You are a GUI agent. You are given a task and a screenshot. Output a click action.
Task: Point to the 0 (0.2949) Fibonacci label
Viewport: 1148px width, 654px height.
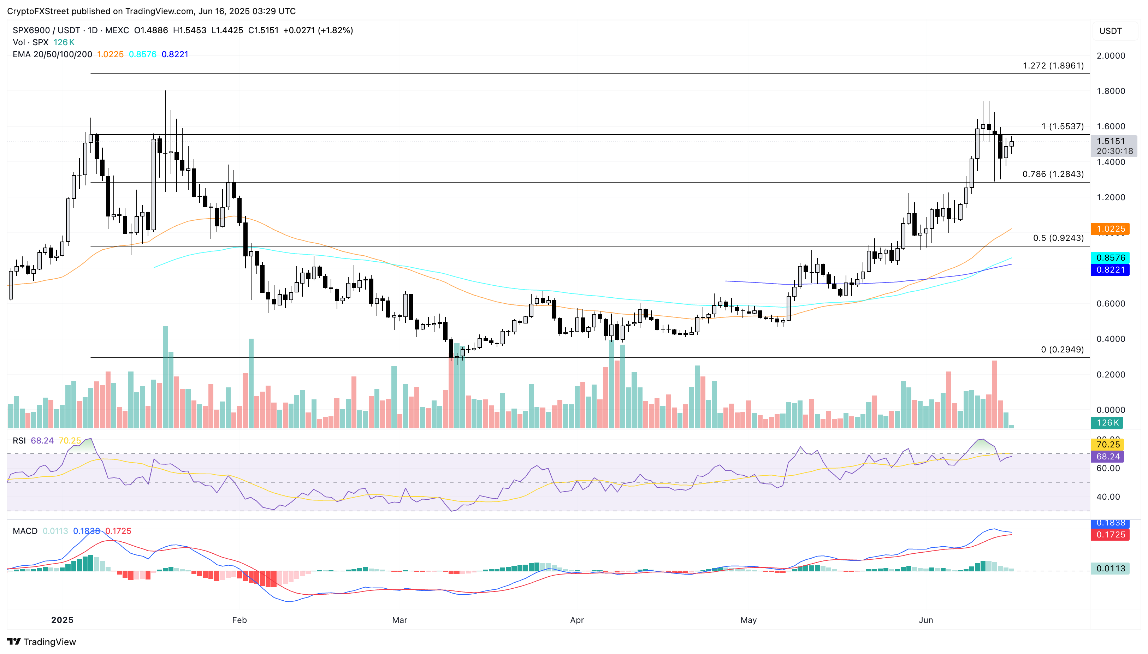tap(1062, 350)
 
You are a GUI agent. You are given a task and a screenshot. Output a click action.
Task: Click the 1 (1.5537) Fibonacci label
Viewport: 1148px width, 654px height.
tap(1062, 126)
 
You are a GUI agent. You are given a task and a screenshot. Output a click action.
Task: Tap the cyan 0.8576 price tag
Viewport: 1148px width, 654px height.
tap(1110, 258)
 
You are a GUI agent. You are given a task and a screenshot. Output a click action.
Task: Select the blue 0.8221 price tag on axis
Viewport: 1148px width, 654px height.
tap(1110, 269)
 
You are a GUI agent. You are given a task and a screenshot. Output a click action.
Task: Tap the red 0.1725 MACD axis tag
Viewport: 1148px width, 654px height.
tap(1110, 535)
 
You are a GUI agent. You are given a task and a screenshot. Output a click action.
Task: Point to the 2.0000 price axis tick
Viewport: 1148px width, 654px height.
tap(1111, 56)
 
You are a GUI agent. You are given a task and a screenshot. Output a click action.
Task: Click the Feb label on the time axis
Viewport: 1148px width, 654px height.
tap(239, 620)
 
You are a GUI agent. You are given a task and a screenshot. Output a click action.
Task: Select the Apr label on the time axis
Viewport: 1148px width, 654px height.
tap(576, 620)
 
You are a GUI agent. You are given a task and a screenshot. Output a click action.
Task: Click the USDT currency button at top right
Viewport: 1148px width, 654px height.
tap(1110, 31)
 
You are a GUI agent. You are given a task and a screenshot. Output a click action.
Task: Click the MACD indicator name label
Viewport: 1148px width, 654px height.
tap(25, 531)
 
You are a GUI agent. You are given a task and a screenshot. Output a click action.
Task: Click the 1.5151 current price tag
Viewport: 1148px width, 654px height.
tap(1110, 141)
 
